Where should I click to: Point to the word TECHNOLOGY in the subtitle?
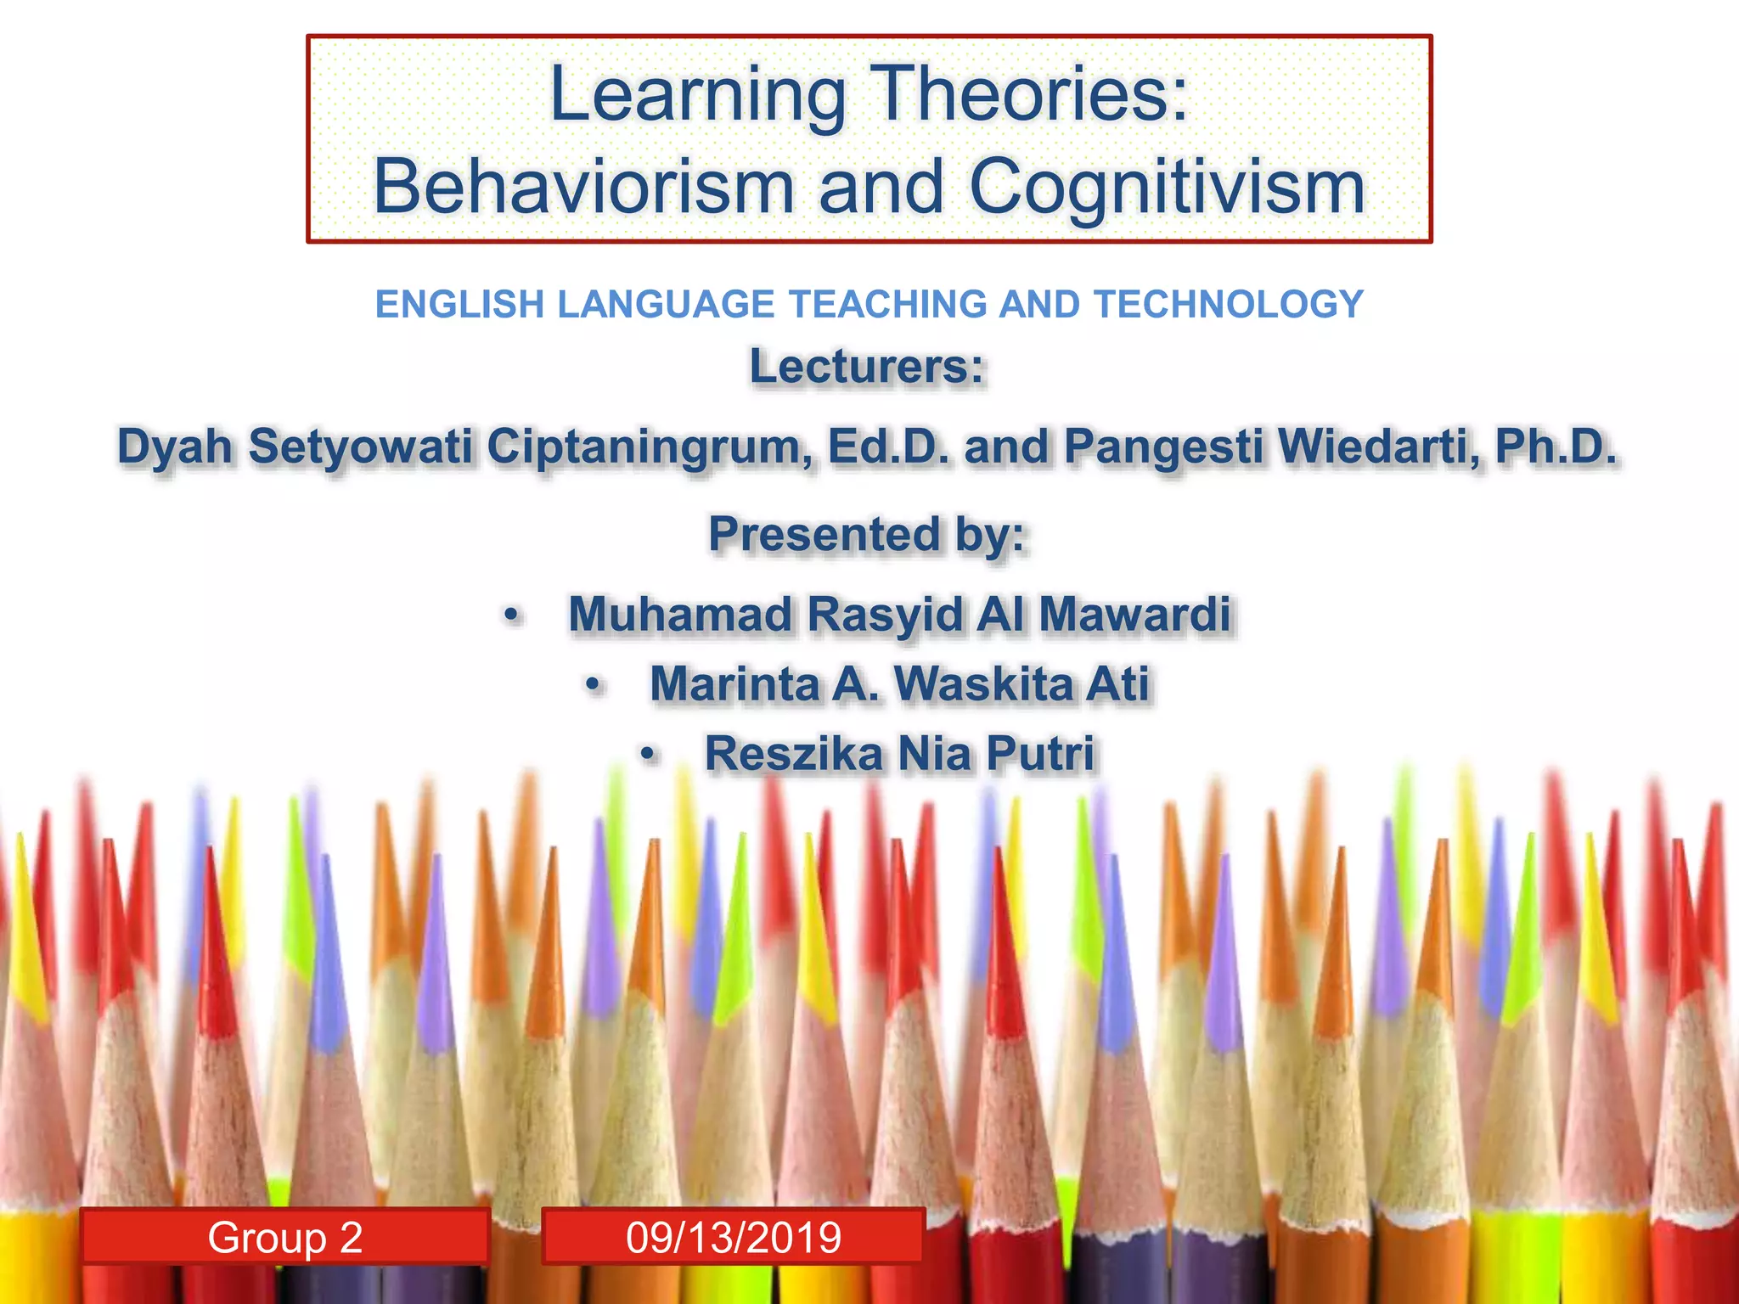coord(1229,304)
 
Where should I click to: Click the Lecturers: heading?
coord(867,368)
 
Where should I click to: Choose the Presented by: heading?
coord(867,535)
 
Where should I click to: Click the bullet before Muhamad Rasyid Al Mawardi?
coord(510,615)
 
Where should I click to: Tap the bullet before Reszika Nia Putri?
coord(649,755)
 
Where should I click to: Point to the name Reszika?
coord(793,754)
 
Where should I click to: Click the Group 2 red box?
coord(285,1237)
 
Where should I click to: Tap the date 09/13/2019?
coord(734,1237)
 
